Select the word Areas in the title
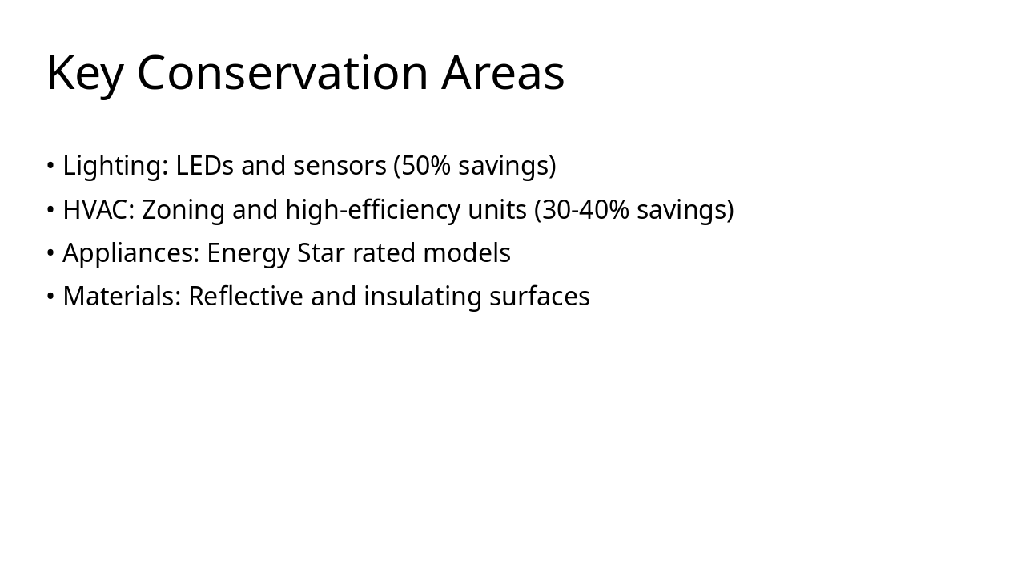click(503, 73)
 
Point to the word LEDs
click(204, 166)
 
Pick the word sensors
click(340, 166)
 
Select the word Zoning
click(183, 210)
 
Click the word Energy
click(248, 253)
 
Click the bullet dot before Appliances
click(50, 253)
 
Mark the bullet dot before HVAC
click(50, 210)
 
